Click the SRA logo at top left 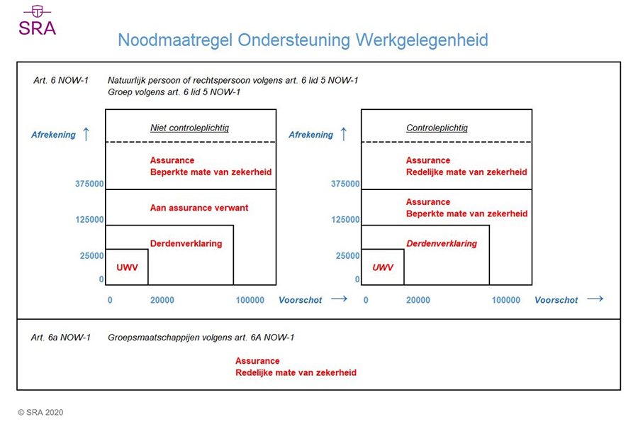[x=37, y=21]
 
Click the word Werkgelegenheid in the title [x=422, y=40]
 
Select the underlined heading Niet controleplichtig [x=189, y=128]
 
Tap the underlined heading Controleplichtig [x=437, y=128]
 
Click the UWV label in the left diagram [x=127, y=267]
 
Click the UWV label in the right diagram [x=383, y=267]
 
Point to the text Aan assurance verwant [x=199, y=208]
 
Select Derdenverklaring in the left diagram [x=186, y=243]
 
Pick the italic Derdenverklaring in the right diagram [x=442, y=243]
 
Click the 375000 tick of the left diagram [x=89, y=184]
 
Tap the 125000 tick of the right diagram [x=345, y=220]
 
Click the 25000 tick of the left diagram [x=92, y=255]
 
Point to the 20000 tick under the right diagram [x=418, y=300]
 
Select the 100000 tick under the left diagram [x=250, y=300]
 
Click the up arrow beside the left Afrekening [x=86, y=134]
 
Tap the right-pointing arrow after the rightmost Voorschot [x=595, y=299]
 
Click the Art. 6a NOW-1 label [x=61, y=338]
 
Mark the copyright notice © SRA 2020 [x=40, y=412]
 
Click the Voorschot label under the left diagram [x=301, y=300]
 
